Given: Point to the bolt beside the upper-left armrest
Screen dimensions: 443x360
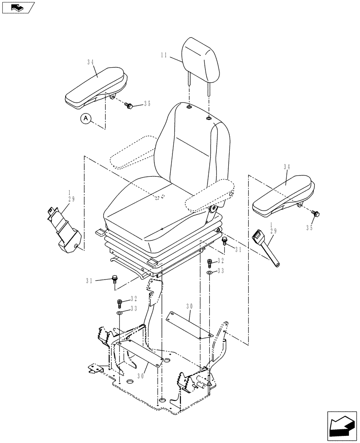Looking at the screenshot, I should coord(129,105).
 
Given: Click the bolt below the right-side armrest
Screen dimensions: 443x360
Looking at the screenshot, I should coord(315,214).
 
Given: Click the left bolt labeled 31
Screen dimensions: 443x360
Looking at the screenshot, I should coord(115,280).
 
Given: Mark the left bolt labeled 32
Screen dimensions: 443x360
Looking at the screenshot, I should coord(119,303).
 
